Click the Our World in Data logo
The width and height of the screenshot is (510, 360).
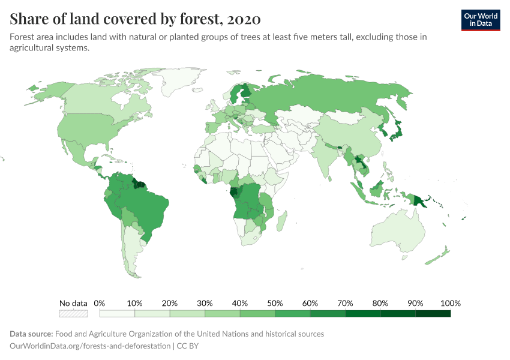[480, 20]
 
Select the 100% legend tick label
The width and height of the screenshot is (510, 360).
[450, 303]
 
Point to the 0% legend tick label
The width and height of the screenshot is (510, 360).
[100, 303]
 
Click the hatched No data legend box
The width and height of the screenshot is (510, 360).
[73, 313]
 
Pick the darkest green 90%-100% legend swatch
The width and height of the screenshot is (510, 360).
[433, 313]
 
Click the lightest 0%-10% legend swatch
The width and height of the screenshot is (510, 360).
[117, 313]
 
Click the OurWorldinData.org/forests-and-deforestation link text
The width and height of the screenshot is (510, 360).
[90, 346]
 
